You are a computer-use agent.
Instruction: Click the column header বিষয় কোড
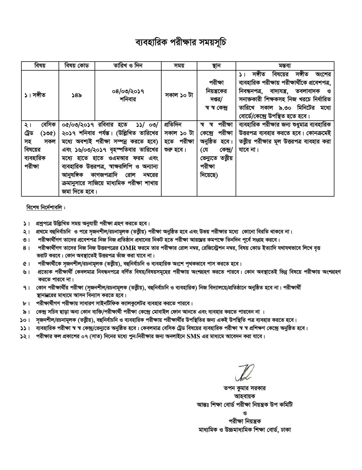[76, 66]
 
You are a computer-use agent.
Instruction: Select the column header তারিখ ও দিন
[128, 66]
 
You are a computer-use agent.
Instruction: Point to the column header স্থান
[216, 66]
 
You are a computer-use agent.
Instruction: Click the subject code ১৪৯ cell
[76, 95]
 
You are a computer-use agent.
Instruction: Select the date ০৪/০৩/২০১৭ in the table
[128, 92]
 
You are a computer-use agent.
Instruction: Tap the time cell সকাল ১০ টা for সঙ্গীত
[179, 95]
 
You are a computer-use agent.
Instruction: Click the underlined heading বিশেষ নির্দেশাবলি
[44, 208]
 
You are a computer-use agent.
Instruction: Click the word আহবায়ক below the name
[244, 397]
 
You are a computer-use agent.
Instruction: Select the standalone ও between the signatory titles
[244, 413]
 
